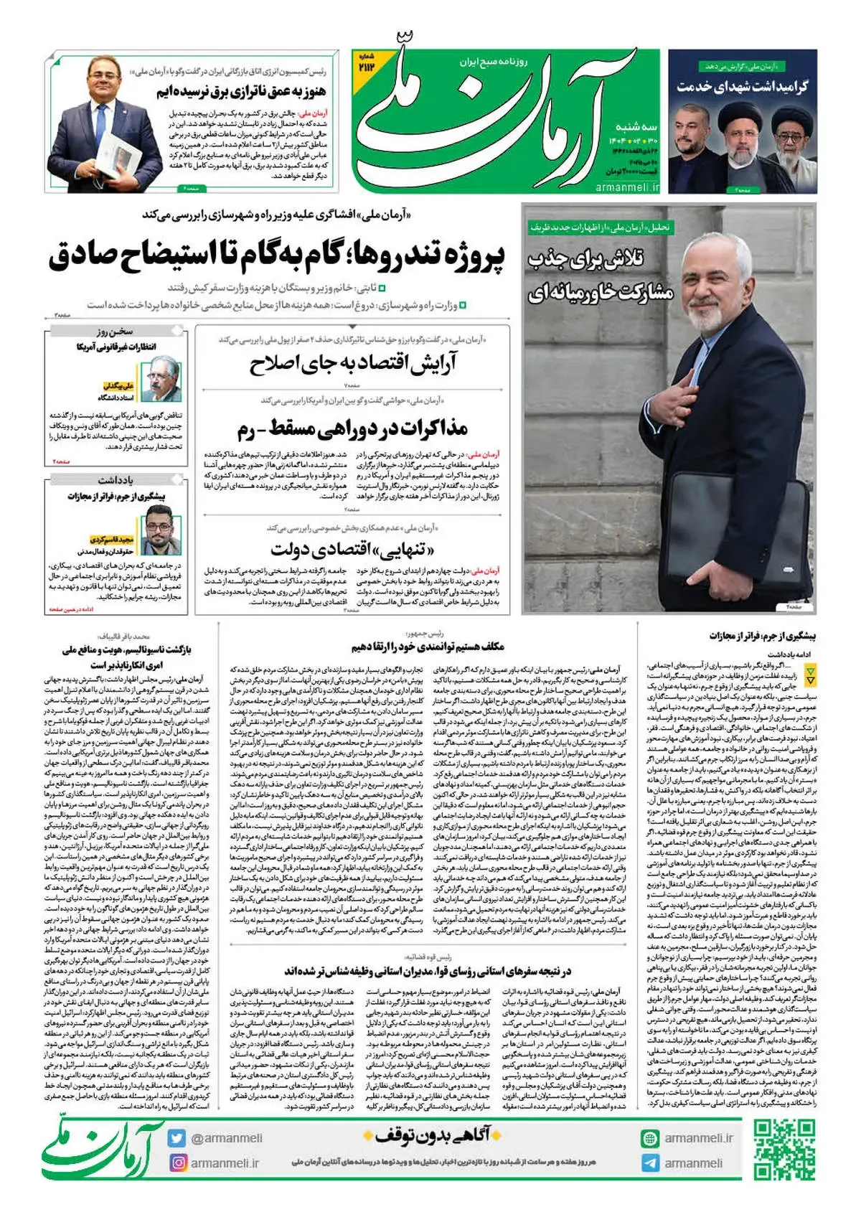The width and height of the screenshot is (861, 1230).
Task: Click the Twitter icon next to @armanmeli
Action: (177, 1137)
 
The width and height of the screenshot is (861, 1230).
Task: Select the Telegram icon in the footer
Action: (650, 1163)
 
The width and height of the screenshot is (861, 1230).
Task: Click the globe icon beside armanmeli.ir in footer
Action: (650, 1138)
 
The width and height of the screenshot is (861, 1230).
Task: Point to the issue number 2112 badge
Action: (367, 64)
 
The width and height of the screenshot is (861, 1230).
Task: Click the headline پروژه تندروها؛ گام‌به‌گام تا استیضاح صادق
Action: (277, 257)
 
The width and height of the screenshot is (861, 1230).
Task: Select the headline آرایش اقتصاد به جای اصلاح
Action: (353, 365)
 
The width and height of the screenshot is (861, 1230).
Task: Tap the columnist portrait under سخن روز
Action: (161, 379)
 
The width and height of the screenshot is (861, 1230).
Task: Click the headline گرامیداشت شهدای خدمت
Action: (742, 86)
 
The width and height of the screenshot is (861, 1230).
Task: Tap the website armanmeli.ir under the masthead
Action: (627, 187)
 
